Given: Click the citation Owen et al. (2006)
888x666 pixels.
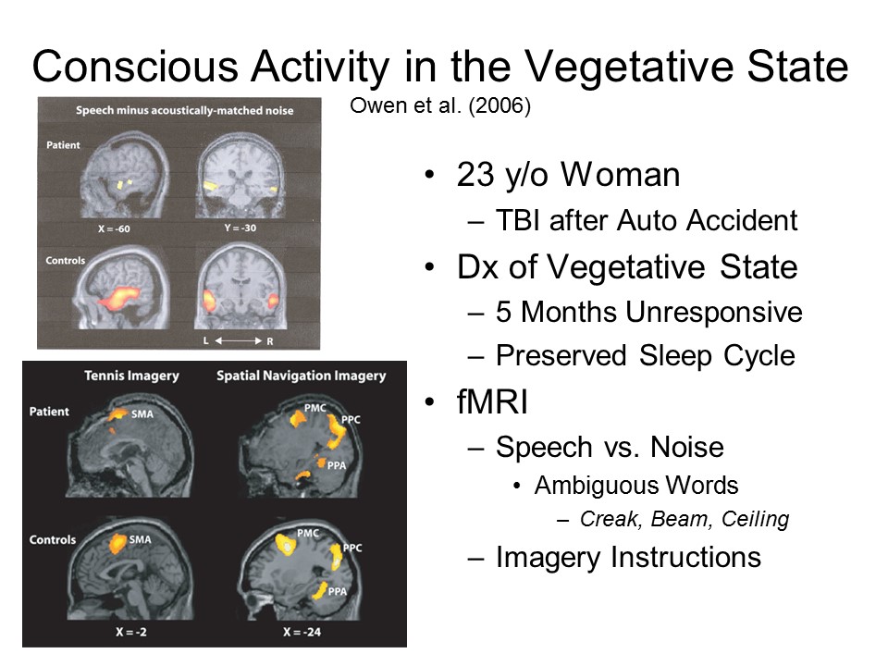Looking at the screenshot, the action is pyautogui.click(x=440, y=105).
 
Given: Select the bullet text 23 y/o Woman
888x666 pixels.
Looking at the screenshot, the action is pyautogui.click(x=568, y=175).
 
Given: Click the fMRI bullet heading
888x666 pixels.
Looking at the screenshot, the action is pyautogui.click(x=491, y=402).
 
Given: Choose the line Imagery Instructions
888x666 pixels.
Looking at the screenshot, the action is pyautogui.click(x=628, y=557).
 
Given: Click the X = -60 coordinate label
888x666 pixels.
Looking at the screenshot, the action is pyautogui.click(x=114, y=228).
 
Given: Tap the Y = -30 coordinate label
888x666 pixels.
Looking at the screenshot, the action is pyautogui.click(x=240, y=228).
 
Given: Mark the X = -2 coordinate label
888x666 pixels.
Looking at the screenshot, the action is pyautogui.click(x=131, y=632).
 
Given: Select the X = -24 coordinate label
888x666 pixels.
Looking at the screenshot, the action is pyautogui.click(x=302, y=632).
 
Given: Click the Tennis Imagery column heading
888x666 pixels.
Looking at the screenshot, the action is pyautogui.click(x=131, y=376).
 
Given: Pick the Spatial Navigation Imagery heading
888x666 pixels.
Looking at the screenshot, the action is pyautogui.click(x=302, y=376).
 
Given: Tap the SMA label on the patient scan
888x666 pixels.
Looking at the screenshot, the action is pyautogui.click(x=142, y=414).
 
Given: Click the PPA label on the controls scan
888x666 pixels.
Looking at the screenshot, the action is pyautogui.click(x=337, y=591).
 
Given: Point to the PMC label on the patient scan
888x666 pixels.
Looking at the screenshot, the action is pyautogui.click(x=314, y=408).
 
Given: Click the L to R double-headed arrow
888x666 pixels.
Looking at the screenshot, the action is pyautogui.click(x=239, y=341).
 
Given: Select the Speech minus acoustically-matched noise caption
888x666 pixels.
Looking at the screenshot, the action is pyautogui.click(x=185, y=110).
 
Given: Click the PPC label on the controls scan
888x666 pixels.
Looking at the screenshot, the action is pyautogui.click(x=352, y=548).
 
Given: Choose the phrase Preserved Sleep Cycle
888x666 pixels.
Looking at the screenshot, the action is pyautogui.click(x=646, y=356).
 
